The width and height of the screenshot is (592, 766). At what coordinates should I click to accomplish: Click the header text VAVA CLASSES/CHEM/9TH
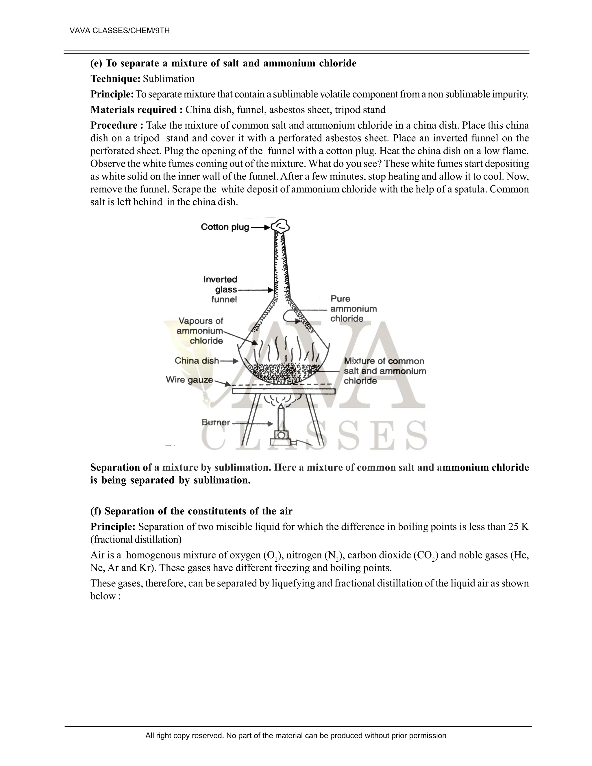pyautogui.click(x=120, y=31)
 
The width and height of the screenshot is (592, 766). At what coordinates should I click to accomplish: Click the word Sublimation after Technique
pyautogui.click(x=168, y=79)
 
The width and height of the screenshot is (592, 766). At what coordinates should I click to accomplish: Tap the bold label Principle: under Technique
pyautogui.click(x=112, y=94)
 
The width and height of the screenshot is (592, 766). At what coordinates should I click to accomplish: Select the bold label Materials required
pyautogui.click(x=136, y=110)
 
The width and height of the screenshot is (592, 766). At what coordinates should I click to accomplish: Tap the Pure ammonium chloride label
pyautogui.click(x=353, y=309)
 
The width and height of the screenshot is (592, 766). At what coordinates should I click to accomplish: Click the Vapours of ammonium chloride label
pyautogui.click(x=200, y=331)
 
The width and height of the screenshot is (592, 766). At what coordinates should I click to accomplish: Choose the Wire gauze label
pyautogui.click(x=189, y=380)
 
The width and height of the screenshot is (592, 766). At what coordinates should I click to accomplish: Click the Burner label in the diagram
pyautogui.click(x=216, y=423)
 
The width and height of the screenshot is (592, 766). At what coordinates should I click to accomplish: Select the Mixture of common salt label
pyautogui.click(x=384, y=371)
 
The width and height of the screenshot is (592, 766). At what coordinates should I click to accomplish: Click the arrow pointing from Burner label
pyautogui.click(x=253, y=424)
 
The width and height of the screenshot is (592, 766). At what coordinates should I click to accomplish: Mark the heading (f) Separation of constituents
pyautogui.click(x=191, y=511)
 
